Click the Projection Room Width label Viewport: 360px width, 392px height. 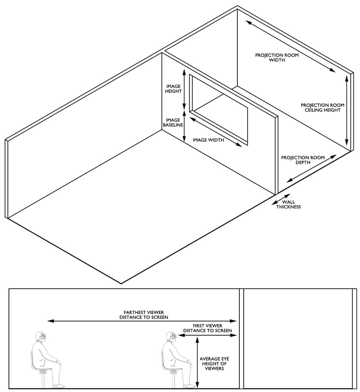point(277,57)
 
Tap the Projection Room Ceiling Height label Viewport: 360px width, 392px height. point(323,108)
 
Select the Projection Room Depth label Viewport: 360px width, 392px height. point(303,160)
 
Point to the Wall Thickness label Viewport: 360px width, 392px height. point(289,204)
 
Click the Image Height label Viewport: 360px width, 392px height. point(173,89)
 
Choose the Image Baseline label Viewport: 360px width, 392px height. point(173,122)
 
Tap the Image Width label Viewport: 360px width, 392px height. point(209,140)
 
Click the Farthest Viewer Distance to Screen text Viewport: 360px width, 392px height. point(144,315)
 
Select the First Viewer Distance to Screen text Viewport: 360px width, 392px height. point(207,328)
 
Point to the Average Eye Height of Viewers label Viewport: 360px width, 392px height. point(214,364)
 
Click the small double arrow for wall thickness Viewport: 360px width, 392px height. point(281,199)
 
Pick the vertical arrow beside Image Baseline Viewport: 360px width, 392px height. point(184,126)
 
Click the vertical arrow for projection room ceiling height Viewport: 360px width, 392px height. point(346,110)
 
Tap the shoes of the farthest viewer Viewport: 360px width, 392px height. point(59,386)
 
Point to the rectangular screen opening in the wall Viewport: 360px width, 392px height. point(219,110)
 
